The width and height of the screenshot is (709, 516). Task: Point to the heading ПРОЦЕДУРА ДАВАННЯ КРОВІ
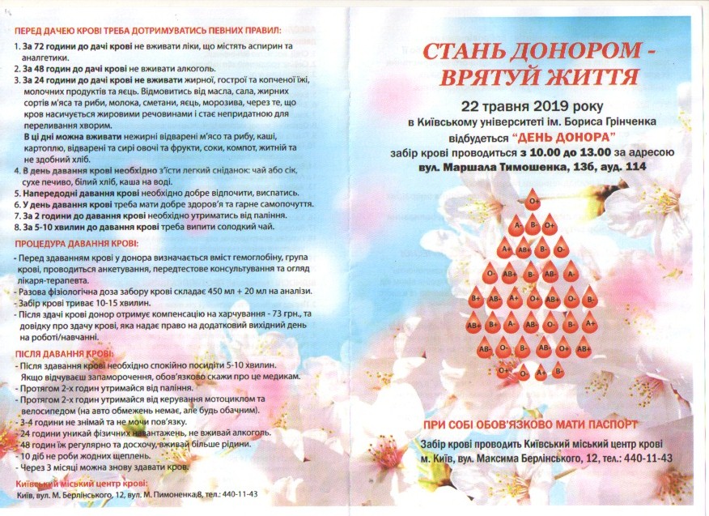point(76,243)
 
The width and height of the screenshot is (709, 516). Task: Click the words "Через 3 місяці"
point(56,467)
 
